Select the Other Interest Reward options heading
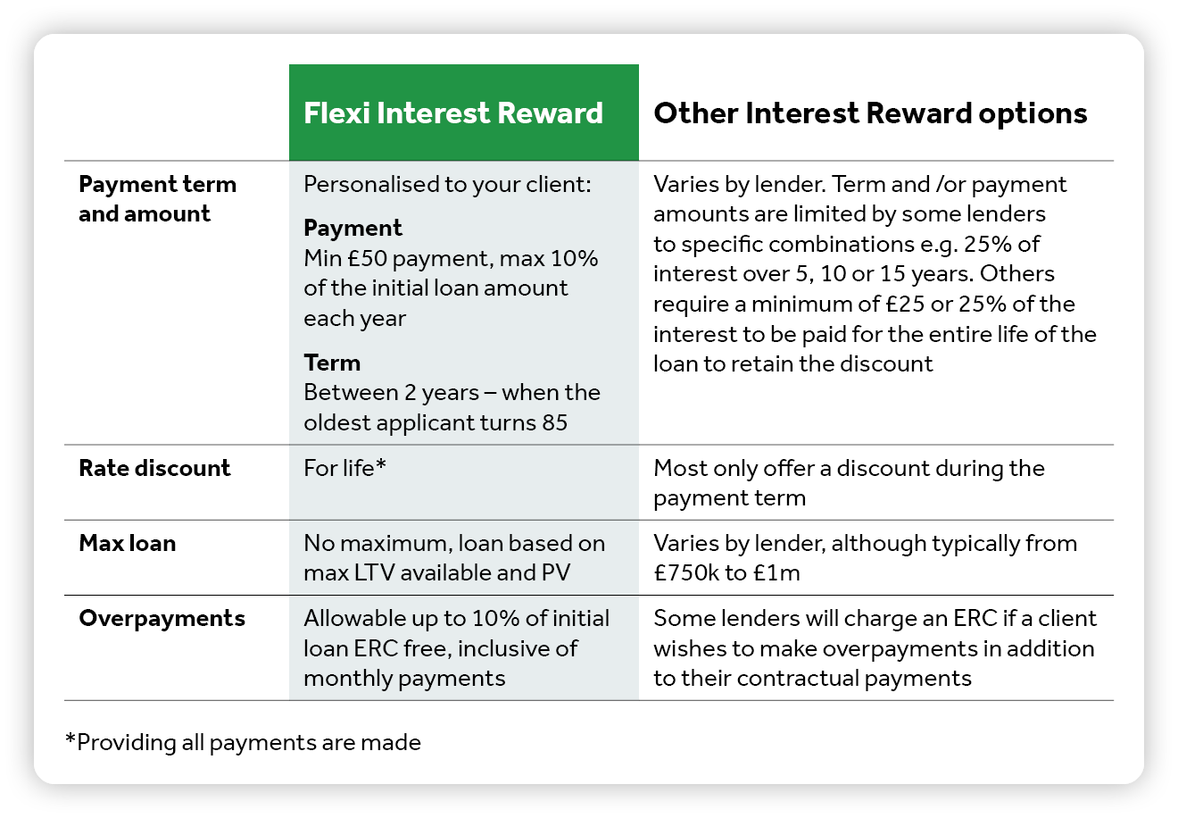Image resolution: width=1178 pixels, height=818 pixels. [870, 113]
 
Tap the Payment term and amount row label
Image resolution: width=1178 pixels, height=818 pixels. [157, 199]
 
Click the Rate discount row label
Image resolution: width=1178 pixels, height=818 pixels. [154, 468]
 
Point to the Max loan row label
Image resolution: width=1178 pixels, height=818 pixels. [128, 543]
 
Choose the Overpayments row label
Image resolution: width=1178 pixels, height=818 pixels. [162, 619]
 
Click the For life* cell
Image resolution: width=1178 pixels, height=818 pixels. [345, 468]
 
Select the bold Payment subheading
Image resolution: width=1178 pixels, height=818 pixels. [353, 229]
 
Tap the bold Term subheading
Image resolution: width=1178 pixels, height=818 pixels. [332, 363]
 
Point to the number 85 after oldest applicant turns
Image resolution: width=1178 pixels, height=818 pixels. [554, 422]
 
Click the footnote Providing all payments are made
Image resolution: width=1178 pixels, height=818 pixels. [243, 743]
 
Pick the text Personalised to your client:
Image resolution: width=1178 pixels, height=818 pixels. [447, 185]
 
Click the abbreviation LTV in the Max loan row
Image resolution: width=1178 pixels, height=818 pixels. [374, 572]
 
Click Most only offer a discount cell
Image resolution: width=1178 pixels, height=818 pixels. [849, 483]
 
